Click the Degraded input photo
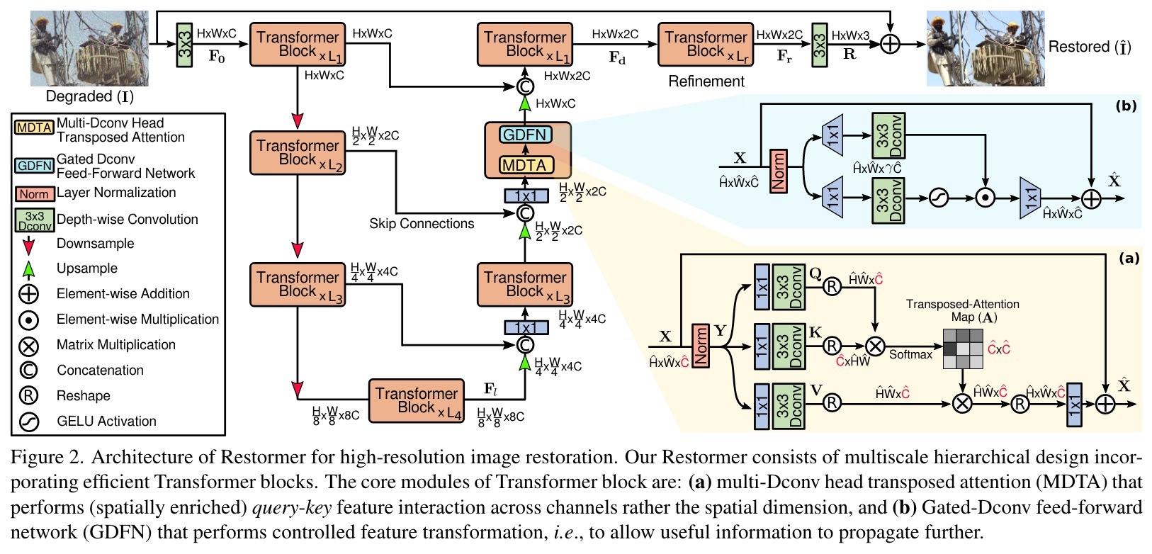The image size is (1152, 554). point(89,48)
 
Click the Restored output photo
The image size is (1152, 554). point(986,48)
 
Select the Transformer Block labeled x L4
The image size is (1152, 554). point(417,401)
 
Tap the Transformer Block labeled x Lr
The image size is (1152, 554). point(706,44)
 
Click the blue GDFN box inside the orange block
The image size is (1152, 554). point(525,135)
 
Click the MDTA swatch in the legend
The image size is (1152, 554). point(34,128)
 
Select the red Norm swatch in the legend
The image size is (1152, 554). point(35,194)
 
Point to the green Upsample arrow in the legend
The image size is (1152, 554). point(29,269)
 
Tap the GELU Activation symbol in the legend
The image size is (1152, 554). point(29,422)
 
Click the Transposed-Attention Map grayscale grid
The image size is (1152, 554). point(963,349)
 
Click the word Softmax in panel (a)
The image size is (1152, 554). point(911,354)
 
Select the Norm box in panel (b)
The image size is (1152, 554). point(779,171)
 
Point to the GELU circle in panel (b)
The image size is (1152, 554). point(939,198)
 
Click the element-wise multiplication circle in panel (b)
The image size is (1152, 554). point(986,198)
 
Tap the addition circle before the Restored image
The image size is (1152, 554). point(891,44)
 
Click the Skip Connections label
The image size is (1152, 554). point(422,224)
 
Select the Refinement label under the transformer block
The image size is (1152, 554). point(706,81)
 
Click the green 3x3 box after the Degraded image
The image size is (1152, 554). point(184,45)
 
